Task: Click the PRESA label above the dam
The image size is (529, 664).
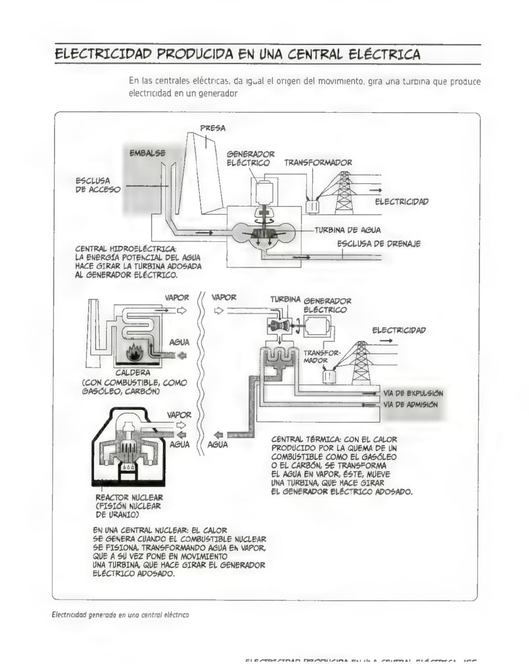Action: click(x=213, y=128)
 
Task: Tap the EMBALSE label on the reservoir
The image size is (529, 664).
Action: click(x=147, y=153)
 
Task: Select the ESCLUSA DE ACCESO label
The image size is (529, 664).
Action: click(x=98, y=185)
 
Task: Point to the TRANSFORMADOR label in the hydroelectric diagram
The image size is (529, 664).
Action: click(x=318, y=162)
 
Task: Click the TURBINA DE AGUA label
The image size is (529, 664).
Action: click(x=347, y=230)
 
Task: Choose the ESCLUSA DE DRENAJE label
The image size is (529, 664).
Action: click(x=379, y=244)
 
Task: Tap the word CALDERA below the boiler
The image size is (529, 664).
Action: click(x=133, y=372)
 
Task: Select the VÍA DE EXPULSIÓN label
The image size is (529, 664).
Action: click(x=413, y=393)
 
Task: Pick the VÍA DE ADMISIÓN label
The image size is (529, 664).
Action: click(x=411, y=405)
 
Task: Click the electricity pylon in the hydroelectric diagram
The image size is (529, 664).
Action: click(x=343, y=193)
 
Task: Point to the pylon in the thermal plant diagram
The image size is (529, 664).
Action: click(x=360, y=363)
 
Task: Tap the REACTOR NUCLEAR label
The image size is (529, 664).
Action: click(x=129, y=497)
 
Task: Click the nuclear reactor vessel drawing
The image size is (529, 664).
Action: click(x=128, y=446)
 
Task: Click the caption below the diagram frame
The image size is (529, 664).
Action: click(x=120, y=615)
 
